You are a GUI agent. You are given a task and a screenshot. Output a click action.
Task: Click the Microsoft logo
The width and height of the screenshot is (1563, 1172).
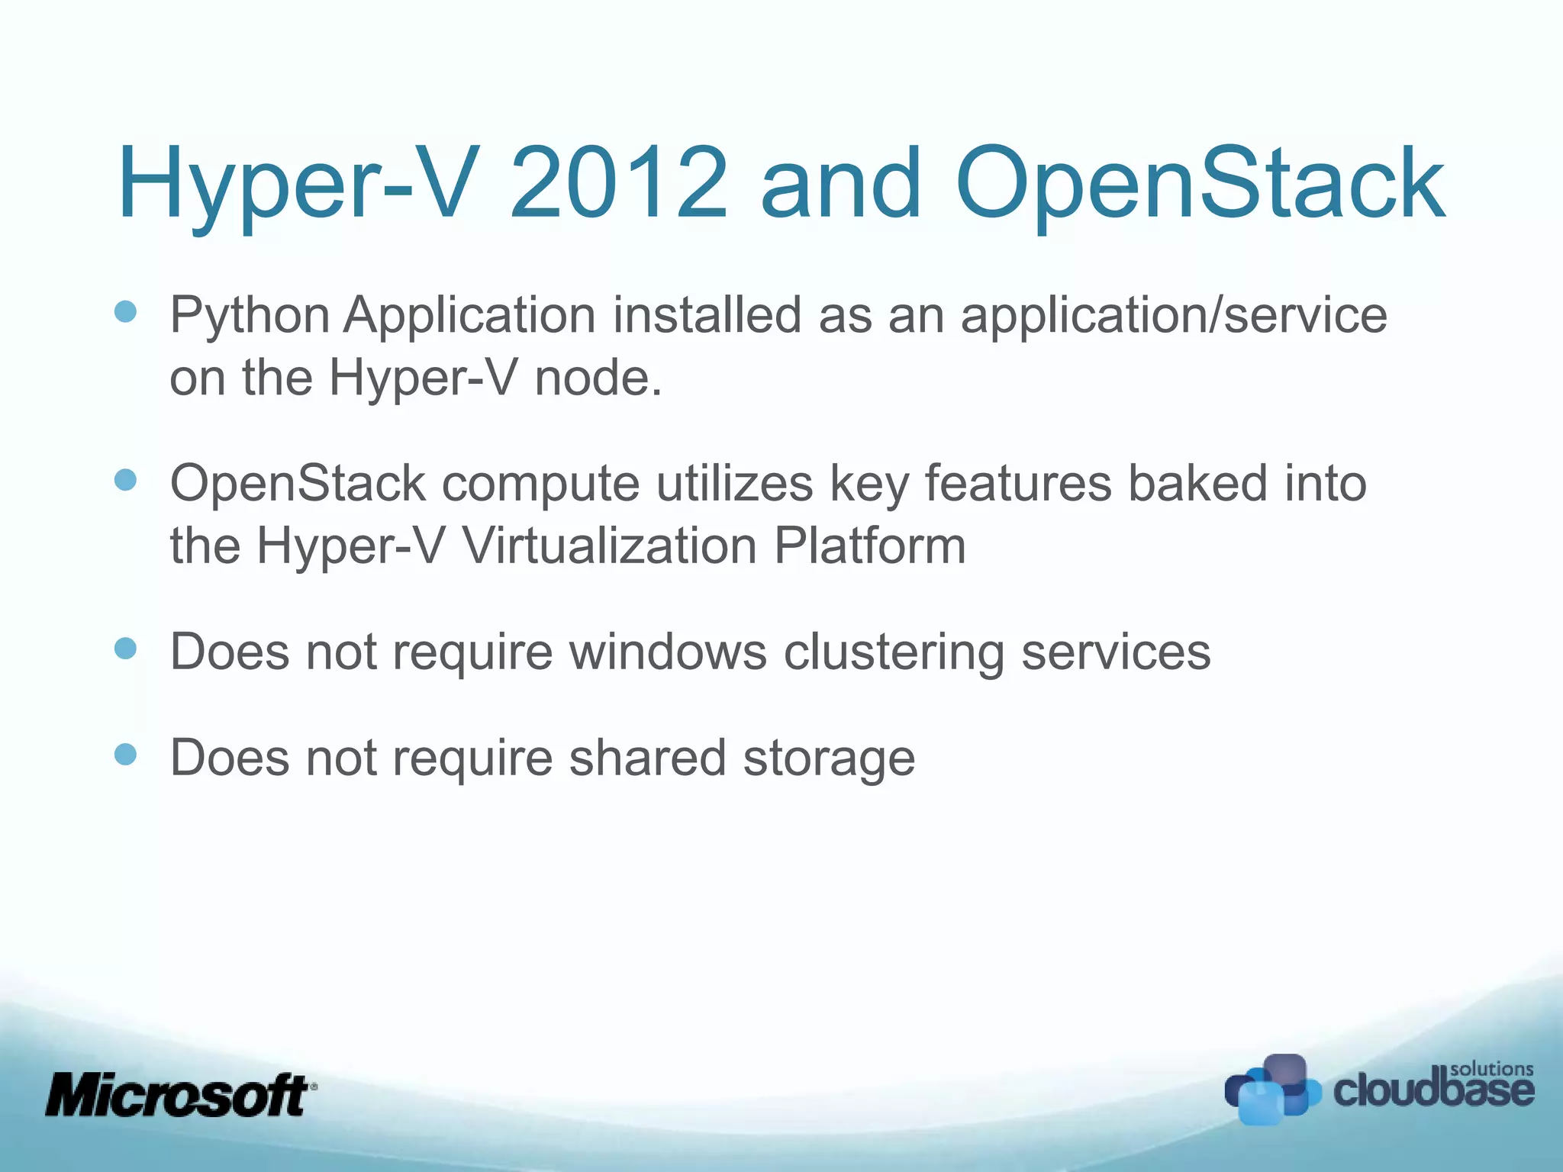(180, 1095)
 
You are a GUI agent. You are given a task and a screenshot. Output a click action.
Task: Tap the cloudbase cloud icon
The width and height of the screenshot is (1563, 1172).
(1271, 1089)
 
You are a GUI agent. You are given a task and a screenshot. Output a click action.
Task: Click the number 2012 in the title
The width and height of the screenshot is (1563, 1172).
(618, 184)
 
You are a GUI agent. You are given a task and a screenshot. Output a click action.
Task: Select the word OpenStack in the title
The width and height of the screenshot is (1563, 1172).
(1200, 184)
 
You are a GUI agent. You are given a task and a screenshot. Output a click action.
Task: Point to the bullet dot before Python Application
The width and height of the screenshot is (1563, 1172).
(125, 311)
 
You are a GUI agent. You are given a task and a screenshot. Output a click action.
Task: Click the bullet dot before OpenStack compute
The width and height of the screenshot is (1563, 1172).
(125, 480)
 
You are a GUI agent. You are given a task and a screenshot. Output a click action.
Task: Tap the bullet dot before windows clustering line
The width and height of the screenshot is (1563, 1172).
(125, 649)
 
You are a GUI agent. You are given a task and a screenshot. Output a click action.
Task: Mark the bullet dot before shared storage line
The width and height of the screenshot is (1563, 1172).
(125, 755)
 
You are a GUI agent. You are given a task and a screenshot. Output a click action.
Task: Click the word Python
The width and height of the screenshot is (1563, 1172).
(250, 316)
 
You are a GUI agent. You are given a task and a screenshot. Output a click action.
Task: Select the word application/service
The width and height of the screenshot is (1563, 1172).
(1174, 316)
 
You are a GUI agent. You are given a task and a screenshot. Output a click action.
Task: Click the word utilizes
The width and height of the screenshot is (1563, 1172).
(735, 484)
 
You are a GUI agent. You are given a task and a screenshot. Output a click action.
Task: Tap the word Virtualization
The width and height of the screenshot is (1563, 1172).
(609, 546)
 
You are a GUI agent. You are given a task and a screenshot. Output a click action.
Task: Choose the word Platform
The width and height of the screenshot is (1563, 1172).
(870, 546)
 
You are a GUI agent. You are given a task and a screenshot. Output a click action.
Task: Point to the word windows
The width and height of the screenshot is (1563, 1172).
(668, 652)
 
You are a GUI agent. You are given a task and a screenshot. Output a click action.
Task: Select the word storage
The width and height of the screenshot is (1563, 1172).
(829, 759)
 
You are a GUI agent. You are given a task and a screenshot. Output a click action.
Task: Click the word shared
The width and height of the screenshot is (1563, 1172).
(647, 758)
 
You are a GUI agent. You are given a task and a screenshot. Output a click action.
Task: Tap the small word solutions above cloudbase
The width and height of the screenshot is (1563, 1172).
(1491, 1068)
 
